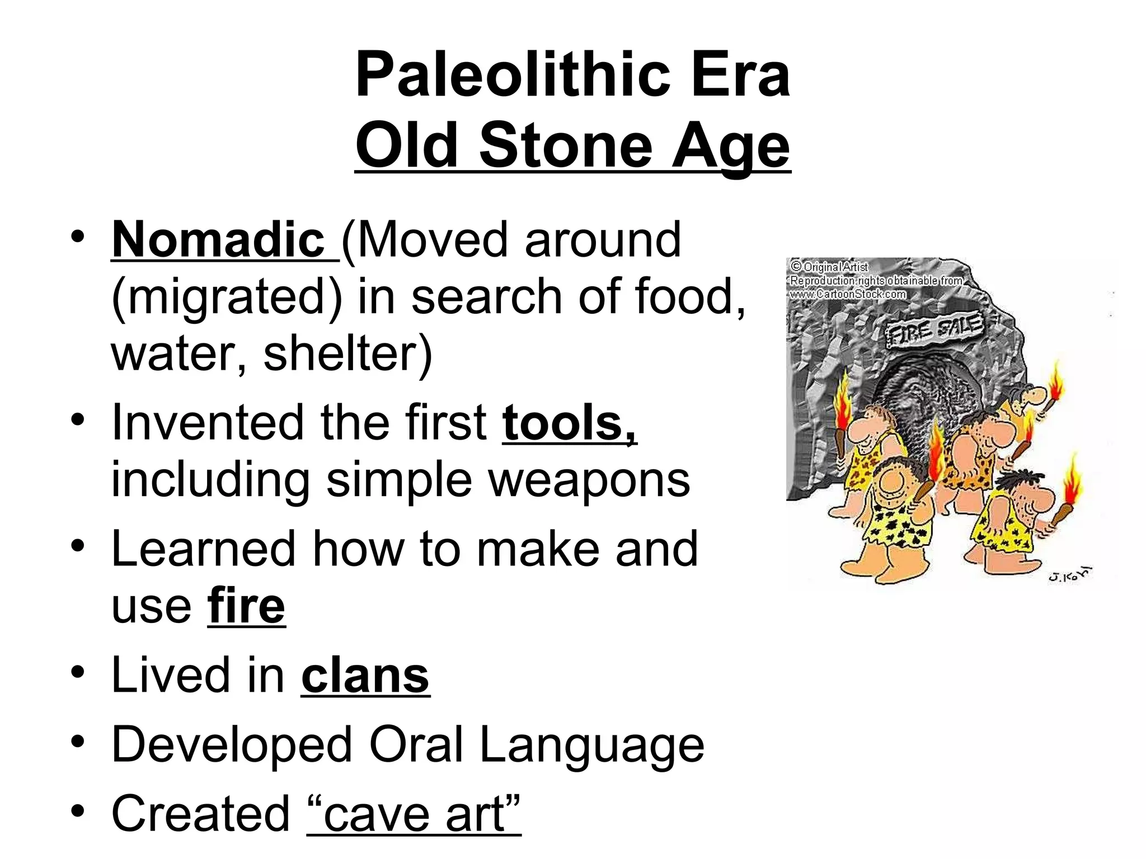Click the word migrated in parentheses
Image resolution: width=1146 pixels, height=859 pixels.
pyautogui.click(x=227, y=298)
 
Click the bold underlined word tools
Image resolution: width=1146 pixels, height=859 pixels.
pyautogui.click(x=569, y=423)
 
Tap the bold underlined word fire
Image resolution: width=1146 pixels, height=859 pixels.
pyautogui.click(x=246, y=606)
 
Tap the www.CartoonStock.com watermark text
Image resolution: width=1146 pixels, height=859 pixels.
pyautogui.click(x=847, y=294)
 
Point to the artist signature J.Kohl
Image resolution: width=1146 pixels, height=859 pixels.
pyautogui.click(x=1069, y=574)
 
